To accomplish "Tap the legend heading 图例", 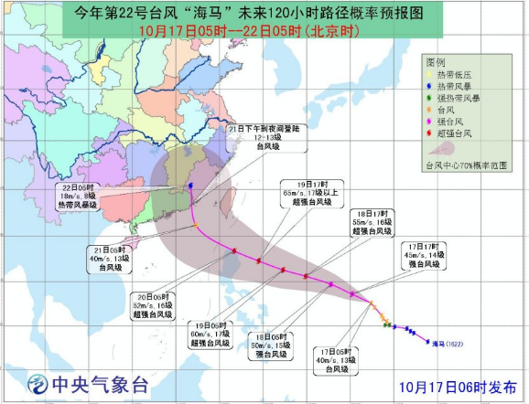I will coord(436,60).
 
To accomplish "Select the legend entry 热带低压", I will coord(455,74).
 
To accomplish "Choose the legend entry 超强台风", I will coord(455,133).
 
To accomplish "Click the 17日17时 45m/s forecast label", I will coord(422,255).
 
